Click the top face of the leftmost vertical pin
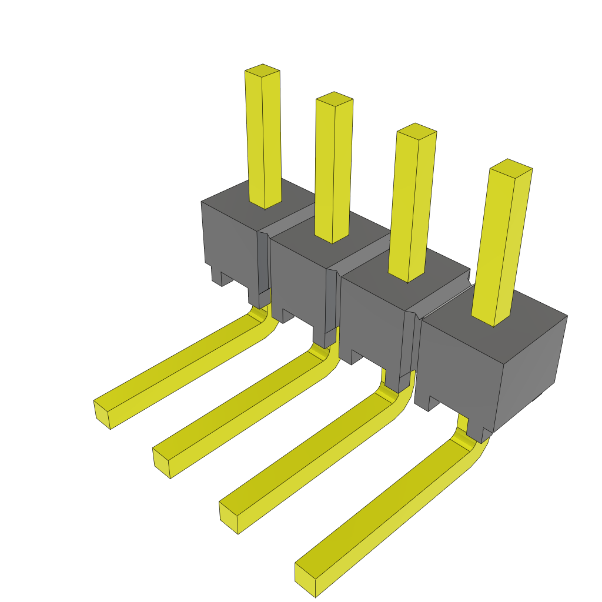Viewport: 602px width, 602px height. coord(262,71)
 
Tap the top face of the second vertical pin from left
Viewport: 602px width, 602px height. coord(335,98)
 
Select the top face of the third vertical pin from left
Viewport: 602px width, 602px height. coord(417,130)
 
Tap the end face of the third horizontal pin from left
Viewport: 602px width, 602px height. coord(228,517)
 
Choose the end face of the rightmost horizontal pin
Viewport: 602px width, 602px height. coord(305,579)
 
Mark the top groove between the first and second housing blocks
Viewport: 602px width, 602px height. coord(291,219)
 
